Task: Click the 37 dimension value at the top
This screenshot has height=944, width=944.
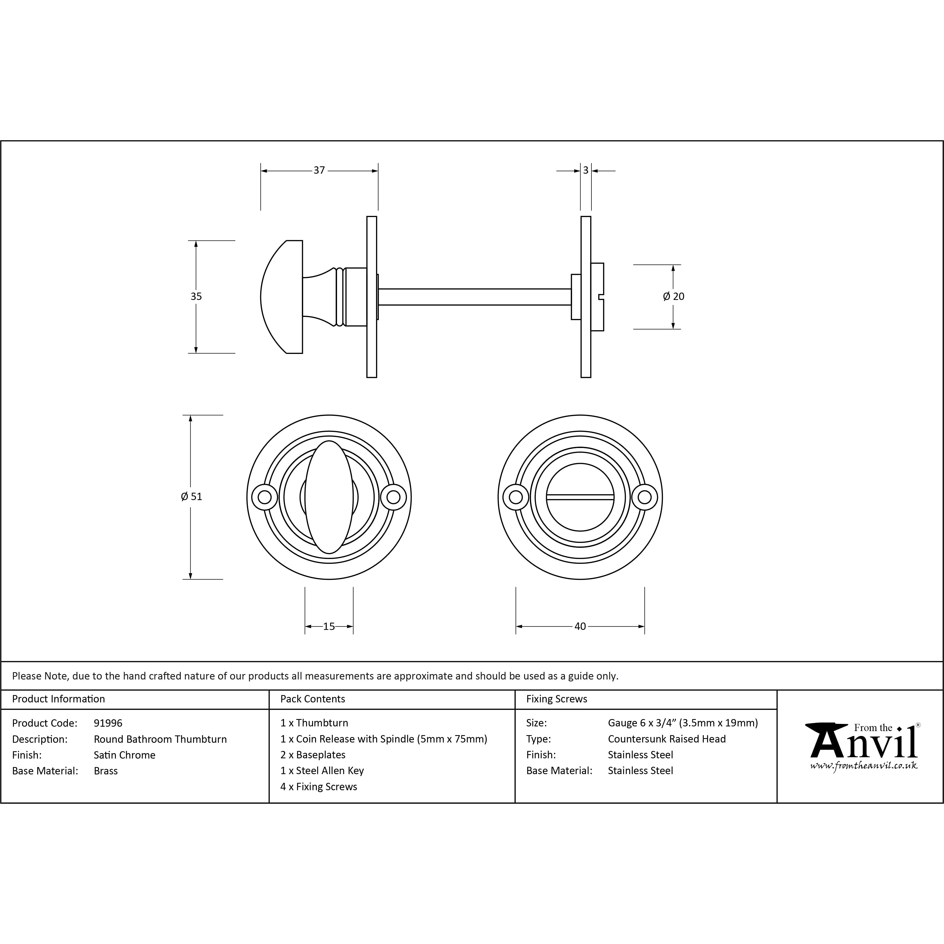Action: point(319,170)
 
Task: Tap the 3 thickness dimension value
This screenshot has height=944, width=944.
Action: point(586,170)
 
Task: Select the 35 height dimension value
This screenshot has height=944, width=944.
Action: point(196,297)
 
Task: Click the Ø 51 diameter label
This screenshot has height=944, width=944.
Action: point(191,497)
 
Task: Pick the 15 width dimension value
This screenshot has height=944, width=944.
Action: point(329,626)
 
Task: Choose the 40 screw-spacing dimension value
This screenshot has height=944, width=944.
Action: point(580,626)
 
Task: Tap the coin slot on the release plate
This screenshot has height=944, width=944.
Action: point(580,497)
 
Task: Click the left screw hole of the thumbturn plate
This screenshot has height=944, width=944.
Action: point(264,497)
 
